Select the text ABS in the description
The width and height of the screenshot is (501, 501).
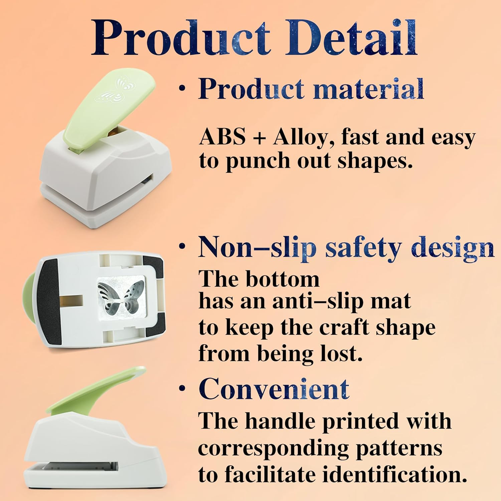(222, 137)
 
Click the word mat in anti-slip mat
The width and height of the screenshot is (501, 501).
(394, 301)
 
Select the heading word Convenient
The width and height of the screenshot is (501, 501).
(274, 389)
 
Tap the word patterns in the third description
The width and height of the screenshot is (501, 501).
(399, 448)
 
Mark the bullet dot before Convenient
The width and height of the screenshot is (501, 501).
(182, 388)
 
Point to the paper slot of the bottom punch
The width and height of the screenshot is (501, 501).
(80, 465)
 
